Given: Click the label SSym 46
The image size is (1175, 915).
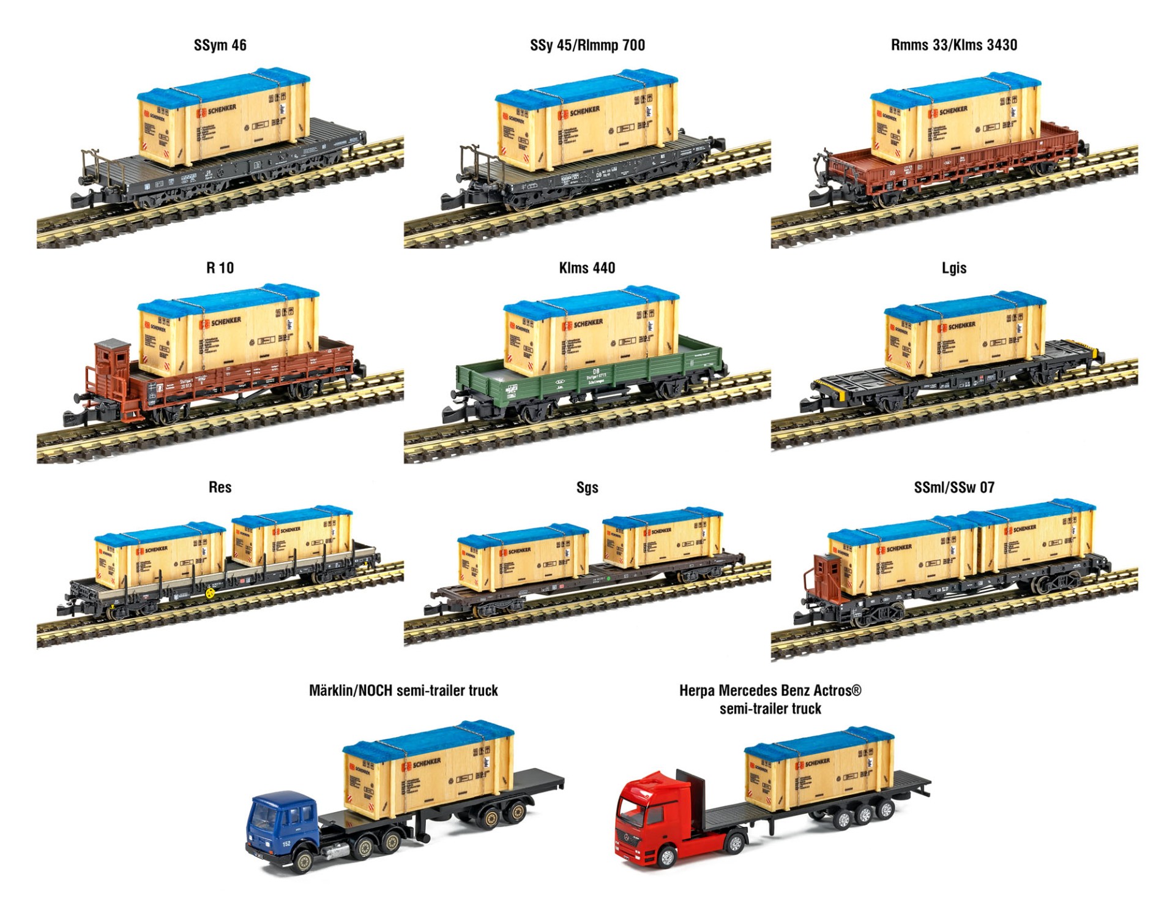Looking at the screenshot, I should (220, 45).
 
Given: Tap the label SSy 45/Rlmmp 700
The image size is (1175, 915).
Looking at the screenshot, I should (587, 45).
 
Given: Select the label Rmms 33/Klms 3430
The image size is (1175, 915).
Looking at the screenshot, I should (953, 45).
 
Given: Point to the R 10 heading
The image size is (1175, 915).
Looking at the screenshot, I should (220, 268).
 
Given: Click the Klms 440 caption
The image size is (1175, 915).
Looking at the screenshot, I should (587, 268).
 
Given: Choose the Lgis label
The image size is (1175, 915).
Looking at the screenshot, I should (953, 268).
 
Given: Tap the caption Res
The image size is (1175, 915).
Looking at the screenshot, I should (220, 488).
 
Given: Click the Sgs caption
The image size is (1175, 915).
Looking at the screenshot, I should (587, 488).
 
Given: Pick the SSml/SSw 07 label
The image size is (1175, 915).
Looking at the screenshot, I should (953, 488).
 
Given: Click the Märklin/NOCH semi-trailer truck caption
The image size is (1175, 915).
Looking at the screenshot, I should (403, 691).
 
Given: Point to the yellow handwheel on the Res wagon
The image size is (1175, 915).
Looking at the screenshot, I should (211, 593).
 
